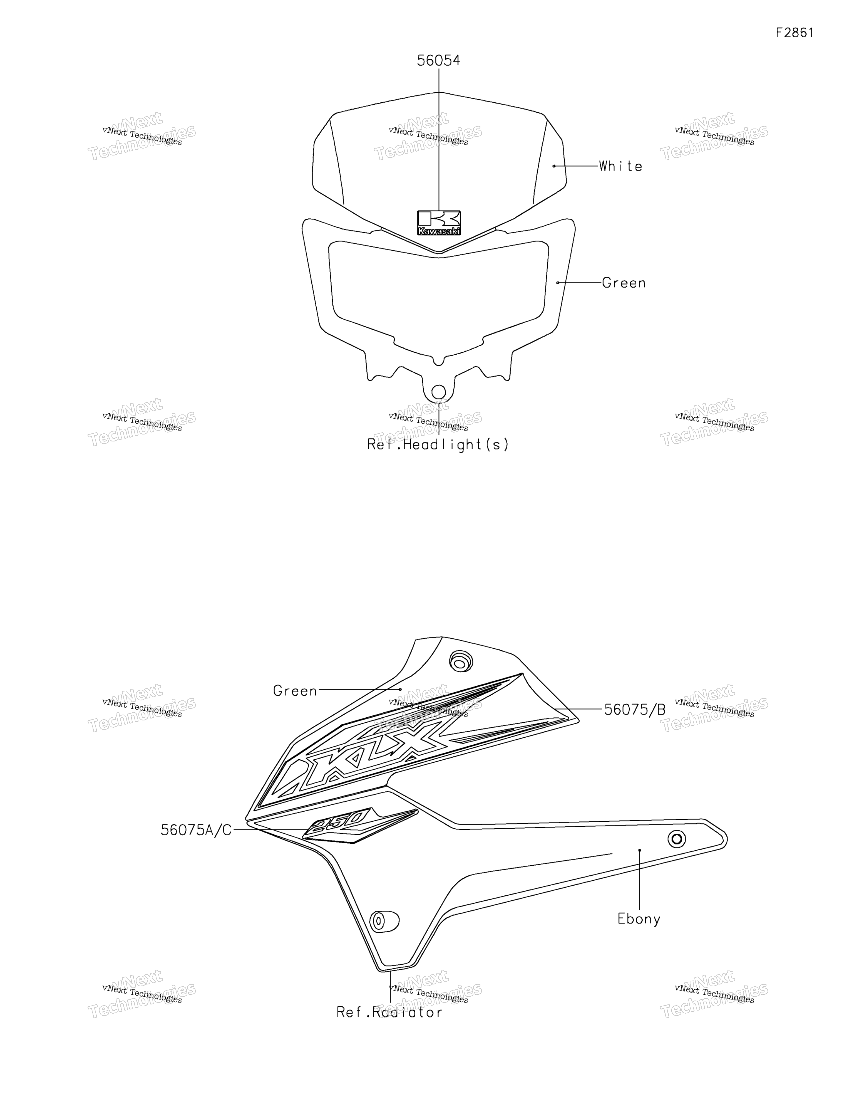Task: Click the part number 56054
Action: coord(438,61)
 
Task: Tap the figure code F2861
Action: coord(795,33)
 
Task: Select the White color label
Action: coord(620,166)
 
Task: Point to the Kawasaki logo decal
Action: coord(439,223)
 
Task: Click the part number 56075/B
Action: coord(635,710)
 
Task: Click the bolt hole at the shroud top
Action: coord(460,662)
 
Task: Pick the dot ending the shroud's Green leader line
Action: coord(401,690)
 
